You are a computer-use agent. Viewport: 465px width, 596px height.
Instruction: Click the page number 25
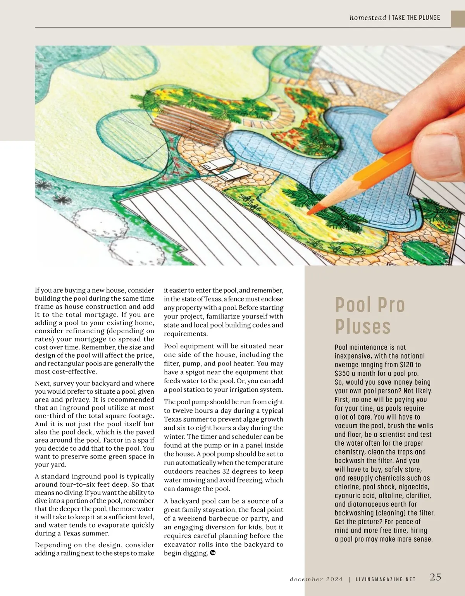coord(435,577)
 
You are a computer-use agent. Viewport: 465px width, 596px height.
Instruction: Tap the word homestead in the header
coord(368,17)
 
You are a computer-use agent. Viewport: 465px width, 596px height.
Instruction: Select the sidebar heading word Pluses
coord(363,326)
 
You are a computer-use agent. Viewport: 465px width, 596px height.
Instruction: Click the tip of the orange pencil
coord(309,212)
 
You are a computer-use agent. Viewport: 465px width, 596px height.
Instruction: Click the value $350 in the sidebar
coord(343,374)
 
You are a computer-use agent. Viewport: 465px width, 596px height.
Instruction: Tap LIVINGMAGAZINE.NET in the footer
coord(385,579)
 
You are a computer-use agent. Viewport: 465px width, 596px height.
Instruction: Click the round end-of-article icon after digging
coord(212,553)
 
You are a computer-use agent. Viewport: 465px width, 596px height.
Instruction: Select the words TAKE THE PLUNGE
coord(416,17)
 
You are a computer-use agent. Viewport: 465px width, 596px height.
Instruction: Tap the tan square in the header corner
coord(458,19)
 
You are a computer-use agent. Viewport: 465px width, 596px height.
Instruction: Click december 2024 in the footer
coord(316,579)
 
